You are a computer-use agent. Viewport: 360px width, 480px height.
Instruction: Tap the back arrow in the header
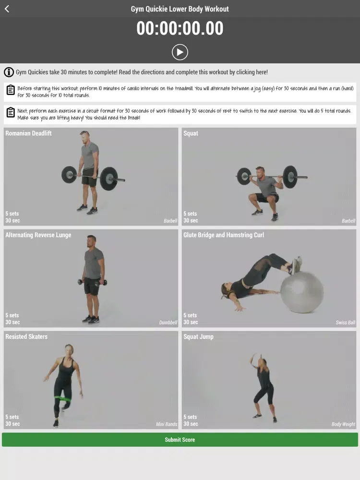(x=7, y=9)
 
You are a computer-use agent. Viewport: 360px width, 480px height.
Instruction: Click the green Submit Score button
(x=180, y=440)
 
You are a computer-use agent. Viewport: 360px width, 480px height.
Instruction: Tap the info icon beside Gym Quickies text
(x=9, y=72)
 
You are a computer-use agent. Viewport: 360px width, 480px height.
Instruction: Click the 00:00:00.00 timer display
(x=180, y=28)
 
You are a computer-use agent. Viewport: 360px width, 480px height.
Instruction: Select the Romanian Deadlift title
(x=28, y=133)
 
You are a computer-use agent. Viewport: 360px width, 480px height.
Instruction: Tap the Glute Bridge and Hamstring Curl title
(x=224, y=235)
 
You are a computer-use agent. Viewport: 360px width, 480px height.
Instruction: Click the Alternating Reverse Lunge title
(x=38, y=235)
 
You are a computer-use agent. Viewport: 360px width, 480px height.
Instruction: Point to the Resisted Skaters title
(x=26, y=336)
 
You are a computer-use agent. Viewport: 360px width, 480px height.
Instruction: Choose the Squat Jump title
(x=198, y=337)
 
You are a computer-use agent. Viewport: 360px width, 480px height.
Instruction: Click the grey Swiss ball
(x=302, y=292)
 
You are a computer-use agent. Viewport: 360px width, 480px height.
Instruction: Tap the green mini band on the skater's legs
(x=63, y=398)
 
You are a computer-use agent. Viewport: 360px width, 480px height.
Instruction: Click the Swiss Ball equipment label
(x=345, y=323)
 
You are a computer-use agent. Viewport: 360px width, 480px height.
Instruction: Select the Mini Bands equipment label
(x=167, y=424)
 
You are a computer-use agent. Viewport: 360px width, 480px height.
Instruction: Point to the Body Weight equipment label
(x=343, y=424)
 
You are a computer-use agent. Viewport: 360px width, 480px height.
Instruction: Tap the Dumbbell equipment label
(x=168, y=323)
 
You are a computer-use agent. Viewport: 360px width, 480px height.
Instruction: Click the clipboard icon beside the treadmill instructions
(x=11, y=90)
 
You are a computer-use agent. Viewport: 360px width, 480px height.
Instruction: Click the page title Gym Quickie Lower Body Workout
(x=180, y=9)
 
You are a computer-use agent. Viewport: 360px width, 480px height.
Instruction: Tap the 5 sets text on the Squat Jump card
(x=190, y=417)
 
